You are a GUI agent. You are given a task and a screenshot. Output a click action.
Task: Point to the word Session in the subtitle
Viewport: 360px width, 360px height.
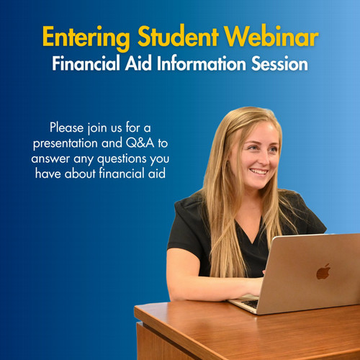coord(280,63)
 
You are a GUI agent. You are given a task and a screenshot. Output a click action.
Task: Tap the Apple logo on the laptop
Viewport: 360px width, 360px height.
coord(323,271)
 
